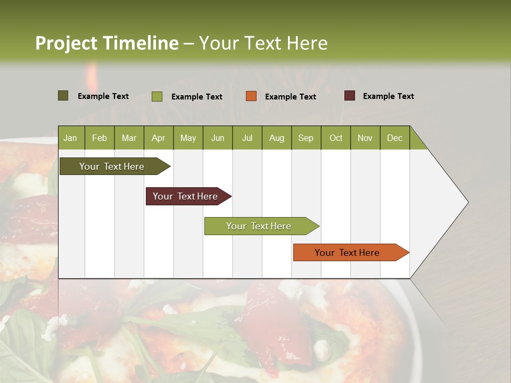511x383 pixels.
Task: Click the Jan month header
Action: coord(70,138)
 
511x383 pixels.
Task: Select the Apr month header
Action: coord(158,138)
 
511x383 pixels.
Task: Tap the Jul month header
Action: coord(247,138)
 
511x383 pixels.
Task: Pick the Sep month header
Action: coord(306,138)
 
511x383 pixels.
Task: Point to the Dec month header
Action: coord(394,138)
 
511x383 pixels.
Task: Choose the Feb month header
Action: coord(100,138)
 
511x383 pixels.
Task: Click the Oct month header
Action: coord(336,138)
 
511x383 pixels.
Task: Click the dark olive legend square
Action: coord(63,96)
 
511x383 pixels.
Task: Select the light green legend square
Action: coord(157,96)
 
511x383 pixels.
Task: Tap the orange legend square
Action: coord(251,96)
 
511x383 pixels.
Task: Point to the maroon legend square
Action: coord(350,96)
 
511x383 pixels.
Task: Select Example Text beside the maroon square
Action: coord(388,96)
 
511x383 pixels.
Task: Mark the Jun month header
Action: coord(218,138)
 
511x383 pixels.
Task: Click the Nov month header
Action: coord(365,138)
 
